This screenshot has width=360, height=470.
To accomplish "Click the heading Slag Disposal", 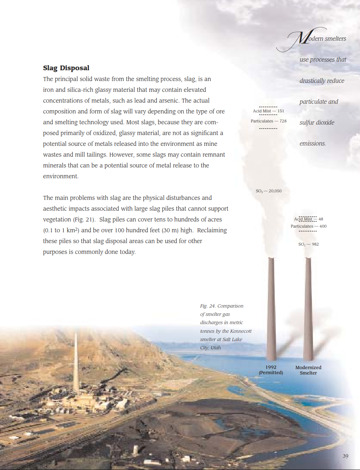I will point(66,68).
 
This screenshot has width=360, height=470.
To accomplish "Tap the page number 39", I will point(345,456).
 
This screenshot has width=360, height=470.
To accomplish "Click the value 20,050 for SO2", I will point(275,191).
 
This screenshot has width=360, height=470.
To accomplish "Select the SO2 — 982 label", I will point(309,244).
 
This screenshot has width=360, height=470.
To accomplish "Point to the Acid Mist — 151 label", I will point(268,111).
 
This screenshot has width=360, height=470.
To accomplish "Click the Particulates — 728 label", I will point(269,121).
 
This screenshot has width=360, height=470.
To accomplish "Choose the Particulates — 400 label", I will point(309,226).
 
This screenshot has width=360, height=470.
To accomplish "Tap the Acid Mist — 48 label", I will point(309,219).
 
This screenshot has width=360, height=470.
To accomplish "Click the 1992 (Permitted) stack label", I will point(271,370).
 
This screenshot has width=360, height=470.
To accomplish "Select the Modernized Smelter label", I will point(308,370).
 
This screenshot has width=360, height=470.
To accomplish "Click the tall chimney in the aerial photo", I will point(76,364).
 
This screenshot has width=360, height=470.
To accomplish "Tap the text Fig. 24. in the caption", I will point(208,306).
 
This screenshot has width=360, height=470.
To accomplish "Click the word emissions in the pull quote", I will point(312,143).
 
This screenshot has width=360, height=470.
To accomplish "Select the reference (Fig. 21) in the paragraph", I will point(84,219).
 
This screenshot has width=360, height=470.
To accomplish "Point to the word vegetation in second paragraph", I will point(57,219).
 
